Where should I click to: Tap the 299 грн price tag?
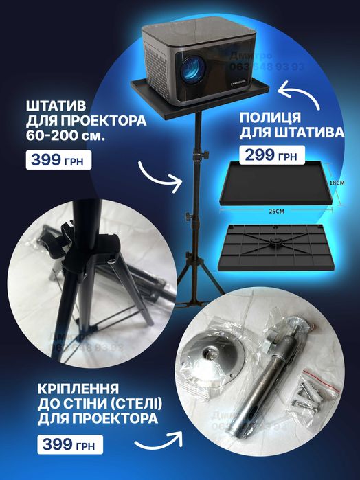coord(269,155)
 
